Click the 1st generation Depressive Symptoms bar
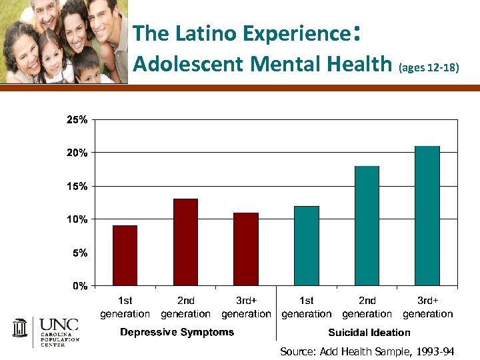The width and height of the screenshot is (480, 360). tap(125, 256)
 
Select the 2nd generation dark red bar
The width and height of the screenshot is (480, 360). tap(185, 243)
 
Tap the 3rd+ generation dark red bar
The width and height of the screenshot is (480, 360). tap(246, 249)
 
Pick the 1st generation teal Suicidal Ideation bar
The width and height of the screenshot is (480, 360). tap(307, 246)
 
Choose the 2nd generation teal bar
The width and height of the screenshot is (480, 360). tap(367, 226)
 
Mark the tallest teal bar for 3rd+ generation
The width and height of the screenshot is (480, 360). tap(427, 216)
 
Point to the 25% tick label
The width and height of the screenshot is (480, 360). tap(76, 120)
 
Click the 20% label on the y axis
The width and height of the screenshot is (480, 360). tap(76, 153)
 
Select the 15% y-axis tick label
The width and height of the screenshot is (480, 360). tap(76, 187)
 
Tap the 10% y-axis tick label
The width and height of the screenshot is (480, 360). tap(76, 219)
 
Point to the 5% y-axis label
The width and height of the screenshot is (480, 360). tap(79, 253)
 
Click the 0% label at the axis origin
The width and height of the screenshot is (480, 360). tap(79, 286)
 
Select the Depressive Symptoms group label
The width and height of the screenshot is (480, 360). tap(177, 332)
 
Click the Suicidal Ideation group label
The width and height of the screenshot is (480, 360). tap(369, 332)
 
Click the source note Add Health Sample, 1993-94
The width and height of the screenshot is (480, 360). tap(367, 351)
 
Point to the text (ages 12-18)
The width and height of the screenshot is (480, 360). tap(428, 67)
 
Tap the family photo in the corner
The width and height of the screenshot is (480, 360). tap(63, 41)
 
